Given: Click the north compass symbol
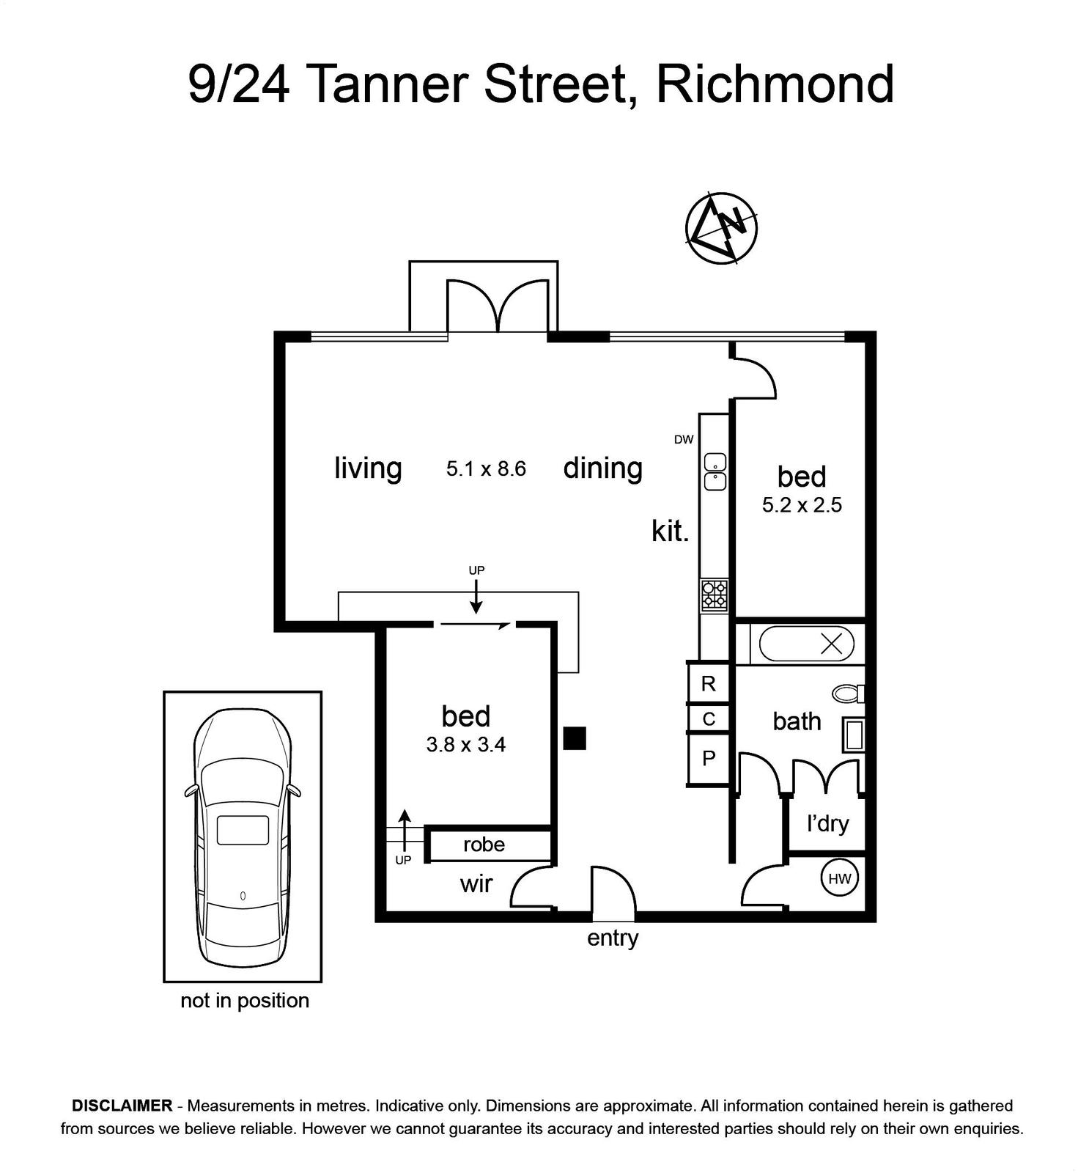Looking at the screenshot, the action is [721, 228].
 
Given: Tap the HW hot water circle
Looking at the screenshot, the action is [839, 878].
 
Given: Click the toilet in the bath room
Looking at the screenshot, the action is [849, 694].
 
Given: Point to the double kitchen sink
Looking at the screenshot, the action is [715, 472].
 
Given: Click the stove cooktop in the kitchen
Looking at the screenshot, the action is [714, 595].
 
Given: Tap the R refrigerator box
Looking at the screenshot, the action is [709, 683].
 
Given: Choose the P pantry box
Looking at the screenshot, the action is [709, 758].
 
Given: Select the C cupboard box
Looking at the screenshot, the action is [709, 718].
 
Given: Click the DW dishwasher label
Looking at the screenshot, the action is [684, 440].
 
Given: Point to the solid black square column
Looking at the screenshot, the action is [575, 738].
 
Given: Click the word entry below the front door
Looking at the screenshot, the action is [613, 938].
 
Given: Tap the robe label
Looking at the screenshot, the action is [484, 845].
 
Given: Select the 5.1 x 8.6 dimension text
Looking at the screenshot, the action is [486, 468].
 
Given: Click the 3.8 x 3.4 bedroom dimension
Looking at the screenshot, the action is [466, 745].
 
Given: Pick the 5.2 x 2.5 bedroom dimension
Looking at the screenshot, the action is [802, 505].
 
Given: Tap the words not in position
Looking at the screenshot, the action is [245, 1001].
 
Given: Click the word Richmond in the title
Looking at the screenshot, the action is [775, 84].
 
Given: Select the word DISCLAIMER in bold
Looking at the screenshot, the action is [122, 1106].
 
